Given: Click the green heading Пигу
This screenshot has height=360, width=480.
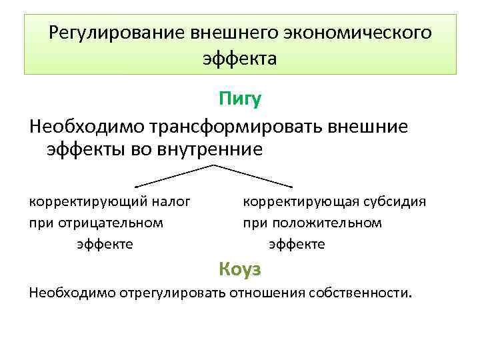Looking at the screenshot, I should coord(240,99).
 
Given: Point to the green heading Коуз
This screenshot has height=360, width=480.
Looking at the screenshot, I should coord(240,269).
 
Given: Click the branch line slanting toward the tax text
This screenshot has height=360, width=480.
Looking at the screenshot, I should coord(175,174).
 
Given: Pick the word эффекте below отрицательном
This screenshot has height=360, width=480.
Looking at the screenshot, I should coord(105,244).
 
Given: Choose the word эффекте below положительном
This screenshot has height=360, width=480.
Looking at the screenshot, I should coord(297,244).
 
